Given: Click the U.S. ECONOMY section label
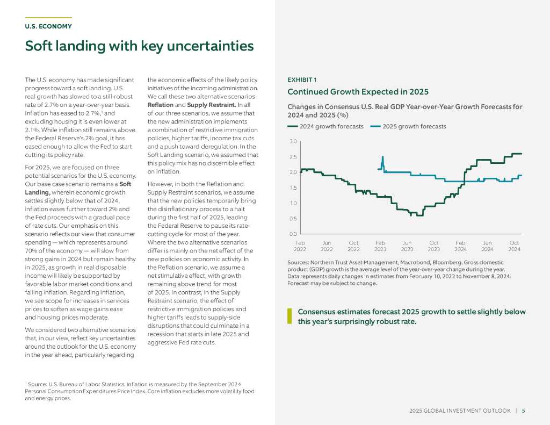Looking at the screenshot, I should point(48,26).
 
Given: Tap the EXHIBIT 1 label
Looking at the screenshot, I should point(302,80).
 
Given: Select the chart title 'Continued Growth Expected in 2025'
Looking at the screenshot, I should point(358,92).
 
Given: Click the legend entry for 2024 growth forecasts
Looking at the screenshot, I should point(325,127).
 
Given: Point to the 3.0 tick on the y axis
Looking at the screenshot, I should point(293,141).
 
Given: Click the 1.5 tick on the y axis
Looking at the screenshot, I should point(293,188).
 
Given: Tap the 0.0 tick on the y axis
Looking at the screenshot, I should point(293,234).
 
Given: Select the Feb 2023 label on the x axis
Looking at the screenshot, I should point(380,246).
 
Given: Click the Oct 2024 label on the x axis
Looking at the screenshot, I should point(514,246).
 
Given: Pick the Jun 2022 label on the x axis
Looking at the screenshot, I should point(327,246).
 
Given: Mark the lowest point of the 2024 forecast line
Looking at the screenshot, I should point(411,215).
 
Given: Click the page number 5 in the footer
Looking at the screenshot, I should point(524,411).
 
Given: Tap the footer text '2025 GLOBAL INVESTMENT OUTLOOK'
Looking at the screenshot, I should point(460,411).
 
